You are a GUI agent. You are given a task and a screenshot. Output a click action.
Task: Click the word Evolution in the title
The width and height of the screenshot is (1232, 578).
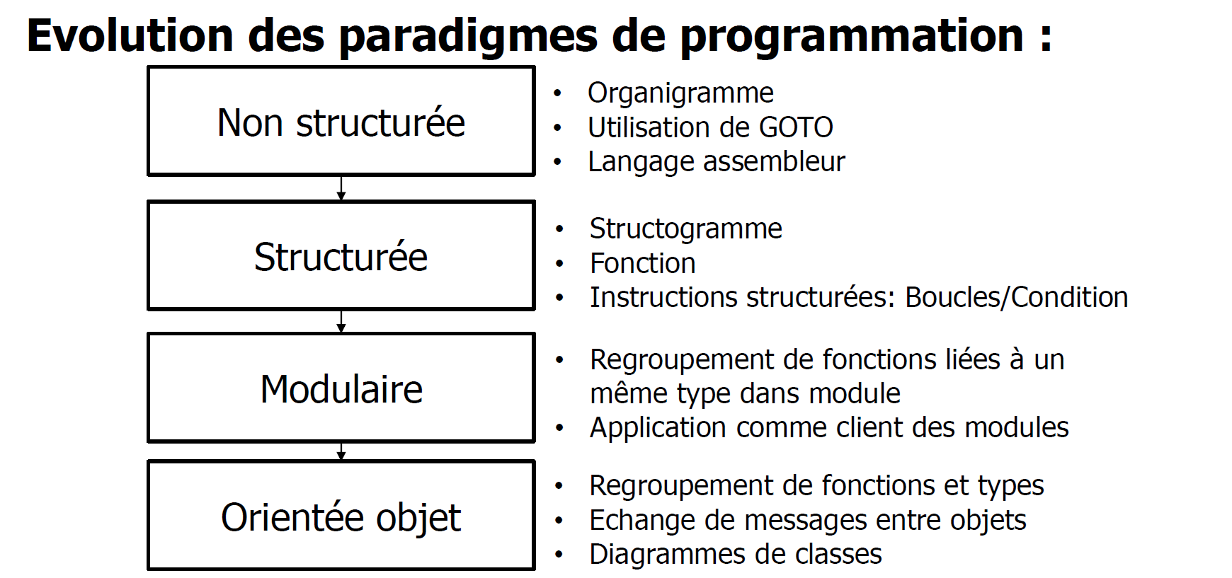130,35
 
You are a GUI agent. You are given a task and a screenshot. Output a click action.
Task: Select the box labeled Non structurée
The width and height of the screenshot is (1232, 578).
341,121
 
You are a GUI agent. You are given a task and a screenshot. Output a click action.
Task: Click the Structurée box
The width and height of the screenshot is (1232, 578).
341,255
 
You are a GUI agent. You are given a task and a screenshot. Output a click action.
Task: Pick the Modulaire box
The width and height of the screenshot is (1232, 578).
341,388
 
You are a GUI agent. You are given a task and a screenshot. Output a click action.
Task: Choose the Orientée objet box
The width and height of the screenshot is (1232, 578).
341,515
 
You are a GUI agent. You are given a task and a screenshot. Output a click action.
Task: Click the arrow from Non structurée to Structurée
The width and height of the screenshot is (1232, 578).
341,188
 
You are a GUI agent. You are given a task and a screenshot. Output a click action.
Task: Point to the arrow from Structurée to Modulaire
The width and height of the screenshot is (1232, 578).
341,322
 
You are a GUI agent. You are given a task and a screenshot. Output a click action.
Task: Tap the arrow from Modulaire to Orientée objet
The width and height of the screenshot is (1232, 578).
341,451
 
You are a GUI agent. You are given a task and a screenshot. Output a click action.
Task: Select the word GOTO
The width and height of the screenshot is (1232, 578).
796,127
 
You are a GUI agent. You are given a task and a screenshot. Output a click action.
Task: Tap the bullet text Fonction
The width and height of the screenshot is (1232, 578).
642,263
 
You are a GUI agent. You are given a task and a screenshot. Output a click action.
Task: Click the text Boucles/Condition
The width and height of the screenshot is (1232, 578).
1016,297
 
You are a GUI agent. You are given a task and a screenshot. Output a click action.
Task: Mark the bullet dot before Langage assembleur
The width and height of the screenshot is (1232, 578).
557,162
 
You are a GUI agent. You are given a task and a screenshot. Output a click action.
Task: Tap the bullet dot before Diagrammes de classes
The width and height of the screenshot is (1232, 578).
559,555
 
